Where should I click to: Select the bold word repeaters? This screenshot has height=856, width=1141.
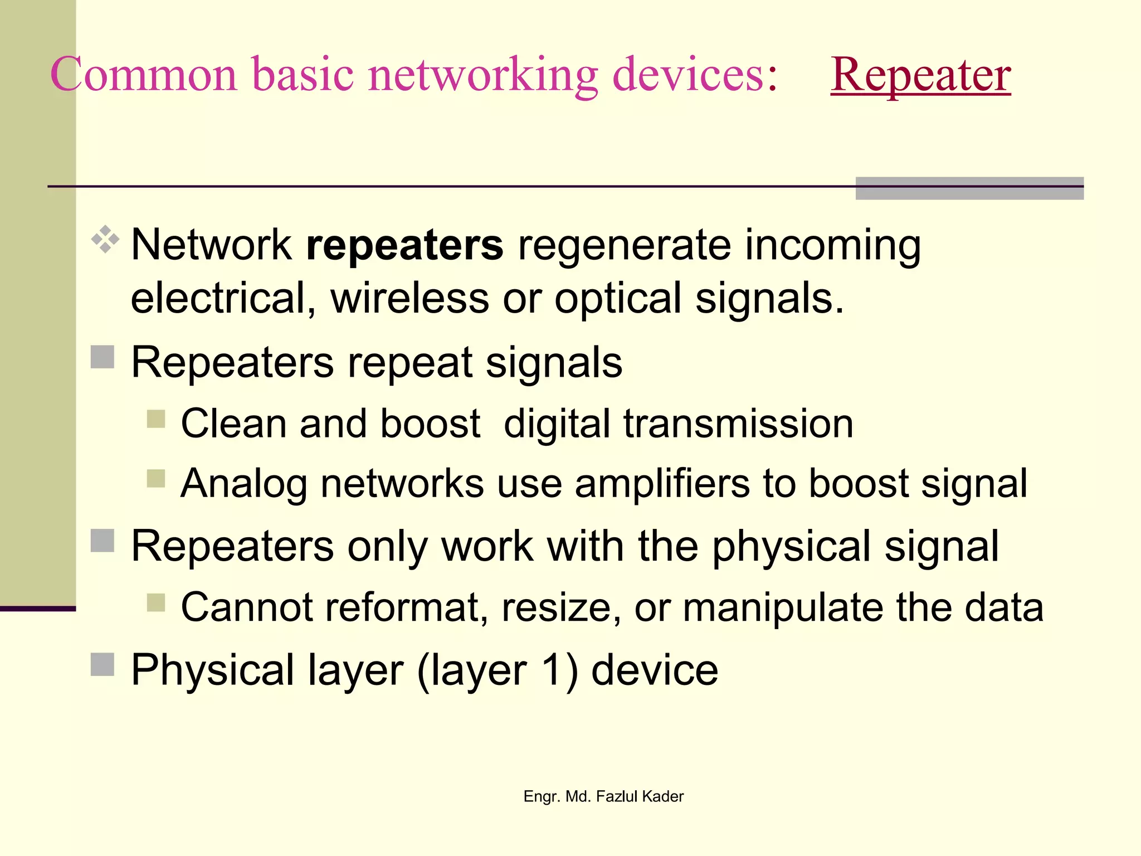(x=404, y=245)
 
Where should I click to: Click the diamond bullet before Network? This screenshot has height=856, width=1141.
(x=105, y=240)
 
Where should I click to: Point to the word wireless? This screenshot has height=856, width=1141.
(x=409, y=298)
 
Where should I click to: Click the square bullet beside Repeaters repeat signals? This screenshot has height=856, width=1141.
(x=103, y=357)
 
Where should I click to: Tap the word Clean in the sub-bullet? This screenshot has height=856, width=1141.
(x=233, y=424)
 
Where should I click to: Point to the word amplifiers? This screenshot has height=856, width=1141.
(x=662, y=483)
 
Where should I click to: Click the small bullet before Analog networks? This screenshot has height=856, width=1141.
(x=156, y=478)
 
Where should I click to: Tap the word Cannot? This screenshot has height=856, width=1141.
(x=247, y=607)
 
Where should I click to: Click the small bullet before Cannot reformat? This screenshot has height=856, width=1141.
(x=156, y=602)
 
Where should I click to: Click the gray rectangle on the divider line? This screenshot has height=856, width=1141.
(x=969, y=188)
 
